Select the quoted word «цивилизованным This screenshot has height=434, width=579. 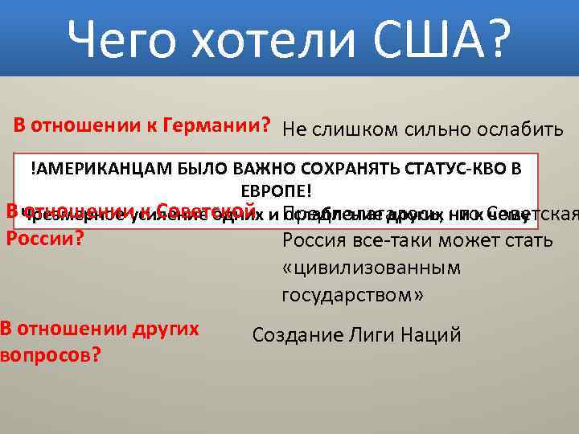point(371,268)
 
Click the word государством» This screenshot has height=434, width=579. point(353,294)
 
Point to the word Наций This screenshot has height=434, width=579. point(433,335)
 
